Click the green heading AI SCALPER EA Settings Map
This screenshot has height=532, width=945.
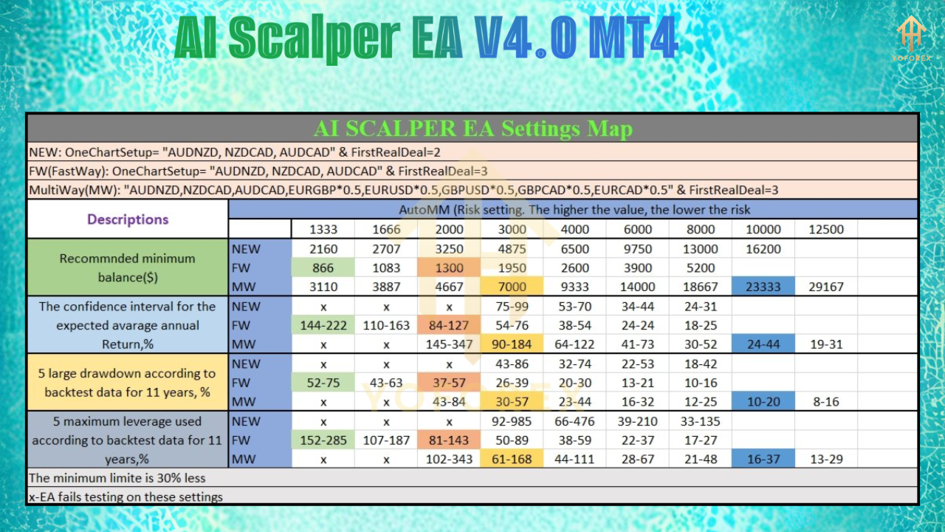click(x=472, y=129)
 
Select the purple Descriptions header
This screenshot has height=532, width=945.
click(x=128, y=219)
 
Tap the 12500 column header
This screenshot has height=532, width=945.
click(x=826, y=229)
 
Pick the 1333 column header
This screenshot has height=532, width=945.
click(x=323, y=229)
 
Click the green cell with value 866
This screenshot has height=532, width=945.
click(x=323, y=268)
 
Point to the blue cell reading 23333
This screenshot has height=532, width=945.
click(x=763, y=287)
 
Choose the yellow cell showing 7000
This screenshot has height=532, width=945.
click(x=512, y=287)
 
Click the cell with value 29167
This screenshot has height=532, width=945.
click(x=826, y=287)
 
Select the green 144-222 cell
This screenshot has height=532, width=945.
click(x=323, y=325)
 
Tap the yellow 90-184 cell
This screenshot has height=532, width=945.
click(x=512, y=344)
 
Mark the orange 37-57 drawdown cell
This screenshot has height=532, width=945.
click(x=449, y=383)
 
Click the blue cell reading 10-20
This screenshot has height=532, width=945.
click(x=763, y=402)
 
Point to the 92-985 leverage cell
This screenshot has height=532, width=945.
click(x=512, y=421)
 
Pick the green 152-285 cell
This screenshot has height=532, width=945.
click(x=323, y=440)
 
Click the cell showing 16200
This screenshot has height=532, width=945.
click(x=763, y=249)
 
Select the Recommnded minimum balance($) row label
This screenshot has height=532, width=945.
click(x=128, y=267)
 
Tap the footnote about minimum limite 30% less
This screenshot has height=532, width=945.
click(x=117, y=478)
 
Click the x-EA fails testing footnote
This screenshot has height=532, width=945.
click(x=126, y=497)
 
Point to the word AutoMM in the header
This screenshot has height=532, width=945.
click(x=425, y=209)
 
